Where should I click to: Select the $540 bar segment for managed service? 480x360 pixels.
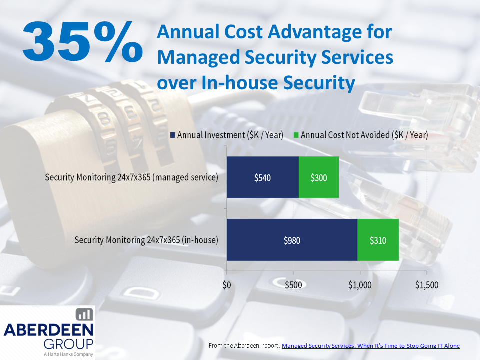click(262, 177)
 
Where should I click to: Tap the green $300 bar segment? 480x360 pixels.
click(319, 177)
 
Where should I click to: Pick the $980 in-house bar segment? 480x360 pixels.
click(292, 240)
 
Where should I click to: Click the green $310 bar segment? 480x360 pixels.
click(378, 240)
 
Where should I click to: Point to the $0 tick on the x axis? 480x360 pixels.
click(227, 285)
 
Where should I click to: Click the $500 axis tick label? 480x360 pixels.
click(293, 285)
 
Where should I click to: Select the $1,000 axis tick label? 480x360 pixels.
click(360, 285)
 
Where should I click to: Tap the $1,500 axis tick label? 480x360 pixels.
click(426, 285)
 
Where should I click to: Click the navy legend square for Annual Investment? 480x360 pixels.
click(173, 135)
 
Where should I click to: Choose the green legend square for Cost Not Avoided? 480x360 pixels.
click(296, 135)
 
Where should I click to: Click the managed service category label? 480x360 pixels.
click(132, 177)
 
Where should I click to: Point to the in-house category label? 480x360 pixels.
click(146, 240)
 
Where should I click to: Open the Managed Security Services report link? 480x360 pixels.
click(370, 346)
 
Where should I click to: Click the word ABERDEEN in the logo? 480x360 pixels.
click(48, 330)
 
